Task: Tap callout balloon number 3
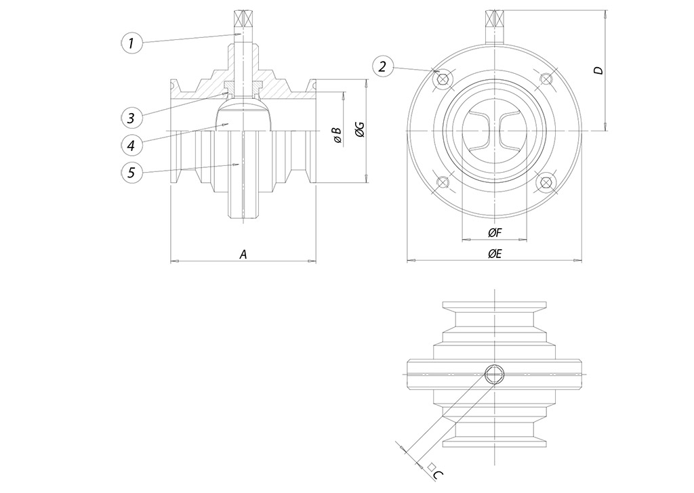pyautogui.click(x=131, y=118)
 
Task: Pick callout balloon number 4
pyautogui.click(x=131, y=144)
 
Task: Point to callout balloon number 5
pyautogui.click(x=131, y=172)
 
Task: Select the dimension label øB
pyautogui.click(x=337, y=134)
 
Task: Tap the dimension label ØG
pyautogui.click(x=360, y=131)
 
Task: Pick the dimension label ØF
pyautogui.click(x=495, y=233)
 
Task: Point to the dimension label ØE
pyautogui.click(x=495, y=254)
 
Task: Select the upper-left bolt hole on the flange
pyautogui.click(x=443, y=79)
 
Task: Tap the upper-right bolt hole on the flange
pyautogui.click(x=545, y=79)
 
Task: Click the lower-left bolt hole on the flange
pyautogui.click(x=443, y=183)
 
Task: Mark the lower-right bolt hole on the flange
pyautogui.click(x=545, y=183)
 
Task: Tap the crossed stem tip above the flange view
pyautogui.click(x=494, y=18)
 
